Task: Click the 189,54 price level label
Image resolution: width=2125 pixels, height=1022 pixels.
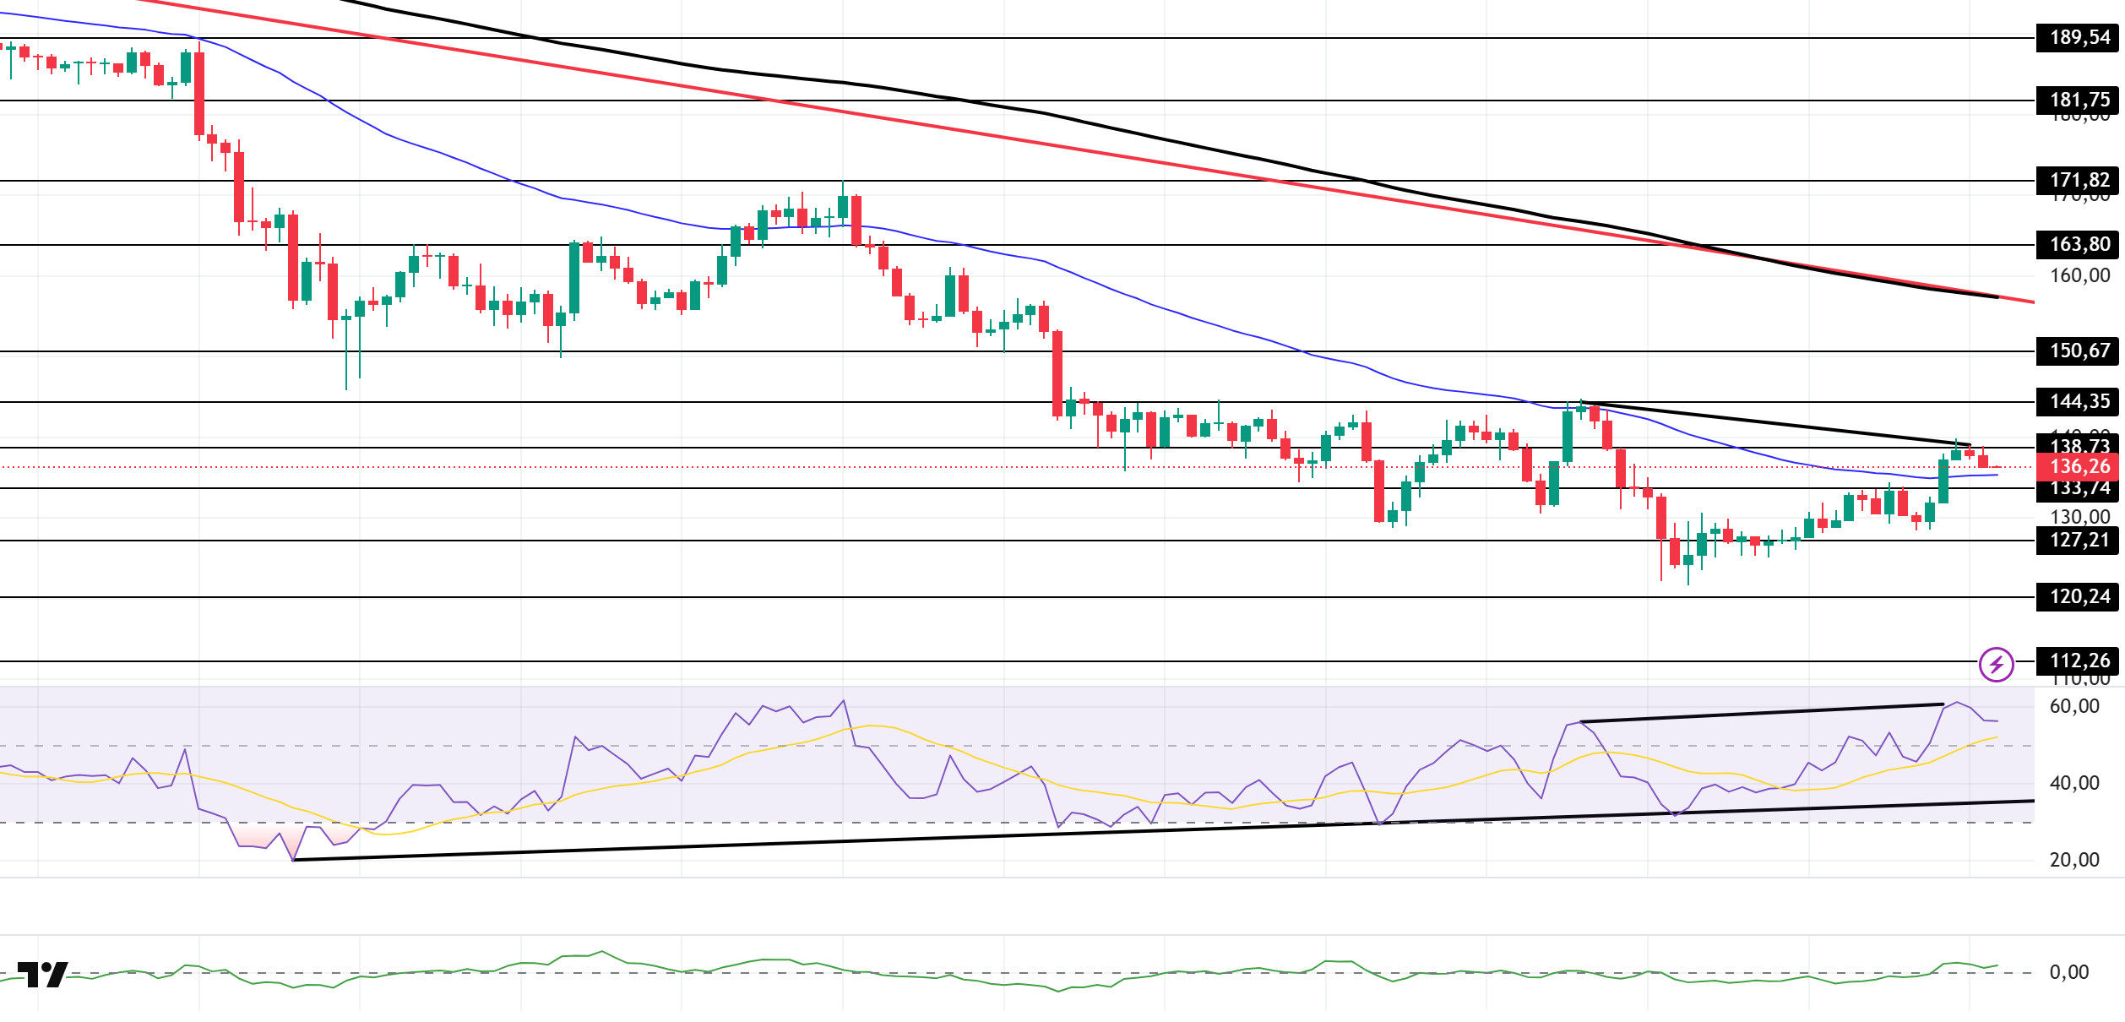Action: click(x=2079, y=38)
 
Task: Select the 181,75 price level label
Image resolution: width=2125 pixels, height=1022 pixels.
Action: click(x=2079, y=101)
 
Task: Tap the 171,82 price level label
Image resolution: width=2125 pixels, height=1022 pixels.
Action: click(x=2079, y=181)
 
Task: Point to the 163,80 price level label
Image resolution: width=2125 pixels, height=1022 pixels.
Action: click(x=2079, y=245)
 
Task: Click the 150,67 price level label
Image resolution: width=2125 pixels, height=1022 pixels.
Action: click(x=2079, y=351)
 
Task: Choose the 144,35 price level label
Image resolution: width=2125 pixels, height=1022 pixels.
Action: click(x=2079, y=402)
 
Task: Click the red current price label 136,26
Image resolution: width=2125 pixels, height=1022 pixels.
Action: click(x=2079, y=467)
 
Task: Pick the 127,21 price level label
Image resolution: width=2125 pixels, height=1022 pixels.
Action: click(x=2079, y=541)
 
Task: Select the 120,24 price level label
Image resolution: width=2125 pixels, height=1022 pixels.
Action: click(x=2079, y=597)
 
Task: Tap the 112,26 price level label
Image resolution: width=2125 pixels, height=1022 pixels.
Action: click(x=2079, y=661)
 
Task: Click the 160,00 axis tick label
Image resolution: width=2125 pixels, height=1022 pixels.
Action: click(x=2079, y=276)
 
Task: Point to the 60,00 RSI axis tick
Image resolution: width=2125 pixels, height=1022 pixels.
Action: click(x=2074, y=707)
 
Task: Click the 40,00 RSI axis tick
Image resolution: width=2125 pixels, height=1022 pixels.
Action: click(x=2074, y=784)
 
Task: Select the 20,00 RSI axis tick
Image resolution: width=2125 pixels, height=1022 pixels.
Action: click(x=2074, y=861)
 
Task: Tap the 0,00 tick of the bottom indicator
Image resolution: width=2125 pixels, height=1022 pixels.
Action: click(x=2069, y=973)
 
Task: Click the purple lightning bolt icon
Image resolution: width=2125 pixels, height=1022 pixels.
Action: click(x=1997, y=665)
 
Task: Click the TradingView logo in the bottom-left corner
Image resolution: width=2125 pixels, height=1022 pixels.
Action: click(x=42, y=975)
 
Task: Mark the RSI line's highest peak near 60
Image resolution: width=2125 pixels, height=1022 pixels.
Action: click(x=1956, y=703)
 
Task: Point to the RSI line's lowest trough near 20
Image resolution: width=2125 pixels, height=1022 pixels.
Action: click(x=293, y=859)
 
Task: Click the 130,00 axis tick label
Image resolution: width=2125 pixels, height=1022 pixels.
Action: click(x=2079, y=517)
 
